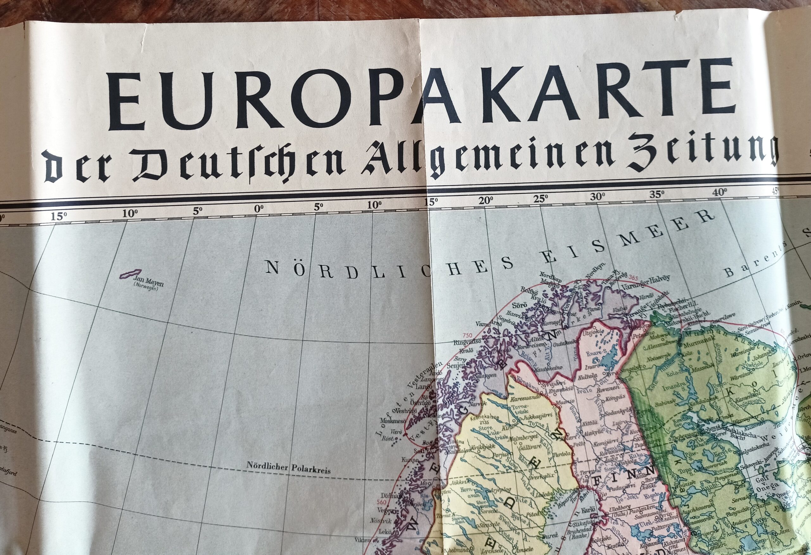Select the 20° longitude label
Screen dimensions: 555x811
point(486,201)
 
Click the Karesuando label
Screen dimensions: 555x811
point(526,397)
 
